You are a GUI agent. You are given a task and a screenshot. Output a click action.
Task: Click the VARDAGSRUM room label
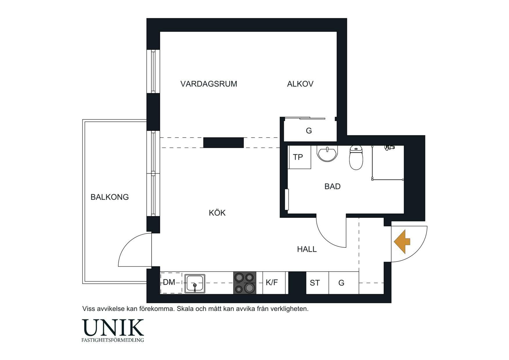[209, 84]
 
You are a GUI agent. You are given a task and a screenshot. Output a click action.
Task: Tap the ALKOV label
[300, 84]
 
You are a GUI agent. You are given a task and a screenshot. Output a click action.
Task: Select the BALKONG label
[109, 197]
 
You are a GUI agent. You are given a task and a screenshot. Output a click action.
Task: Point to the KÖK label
[217, 213]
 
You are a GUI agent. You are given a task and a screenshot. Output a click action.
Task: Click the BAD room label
[332, 186]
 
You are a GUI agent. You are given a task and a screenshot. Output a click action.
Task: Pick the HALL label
[307, 249]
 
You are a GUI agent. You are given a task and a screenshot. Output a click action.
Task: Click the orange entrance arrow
[402, 242]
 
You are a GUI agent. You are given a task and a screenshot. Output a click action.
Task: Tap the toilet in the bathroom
[356, 157]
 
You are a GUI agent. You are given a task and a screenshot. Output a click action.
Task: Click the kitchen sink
[195, 283]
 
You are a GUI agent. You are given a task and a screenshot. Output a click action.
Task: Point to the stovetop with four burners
[245, 283]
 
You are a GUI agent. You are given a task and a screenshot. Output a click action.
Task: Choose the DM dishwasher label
[169, 282]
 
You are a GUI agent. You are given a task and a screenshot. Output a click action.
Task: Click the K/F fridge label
[272, 282]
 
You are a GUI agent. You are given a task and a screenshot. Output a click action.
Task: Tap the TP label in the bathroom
[298, 157]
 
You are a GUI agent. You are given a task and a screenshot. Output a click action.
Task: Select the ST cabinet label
[315, 283]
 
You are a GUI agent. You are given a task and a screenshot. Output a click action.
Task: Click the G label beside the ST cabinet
[341, 283]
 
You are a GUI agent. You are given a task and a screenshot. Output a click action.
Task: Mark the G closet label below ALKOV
[309, 131]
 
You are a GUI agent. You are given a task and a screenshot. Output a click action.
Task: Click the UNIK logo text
[113, 327]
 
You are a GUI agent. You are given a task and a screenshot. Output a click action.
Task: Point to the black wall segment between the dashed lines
[223, 143]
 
